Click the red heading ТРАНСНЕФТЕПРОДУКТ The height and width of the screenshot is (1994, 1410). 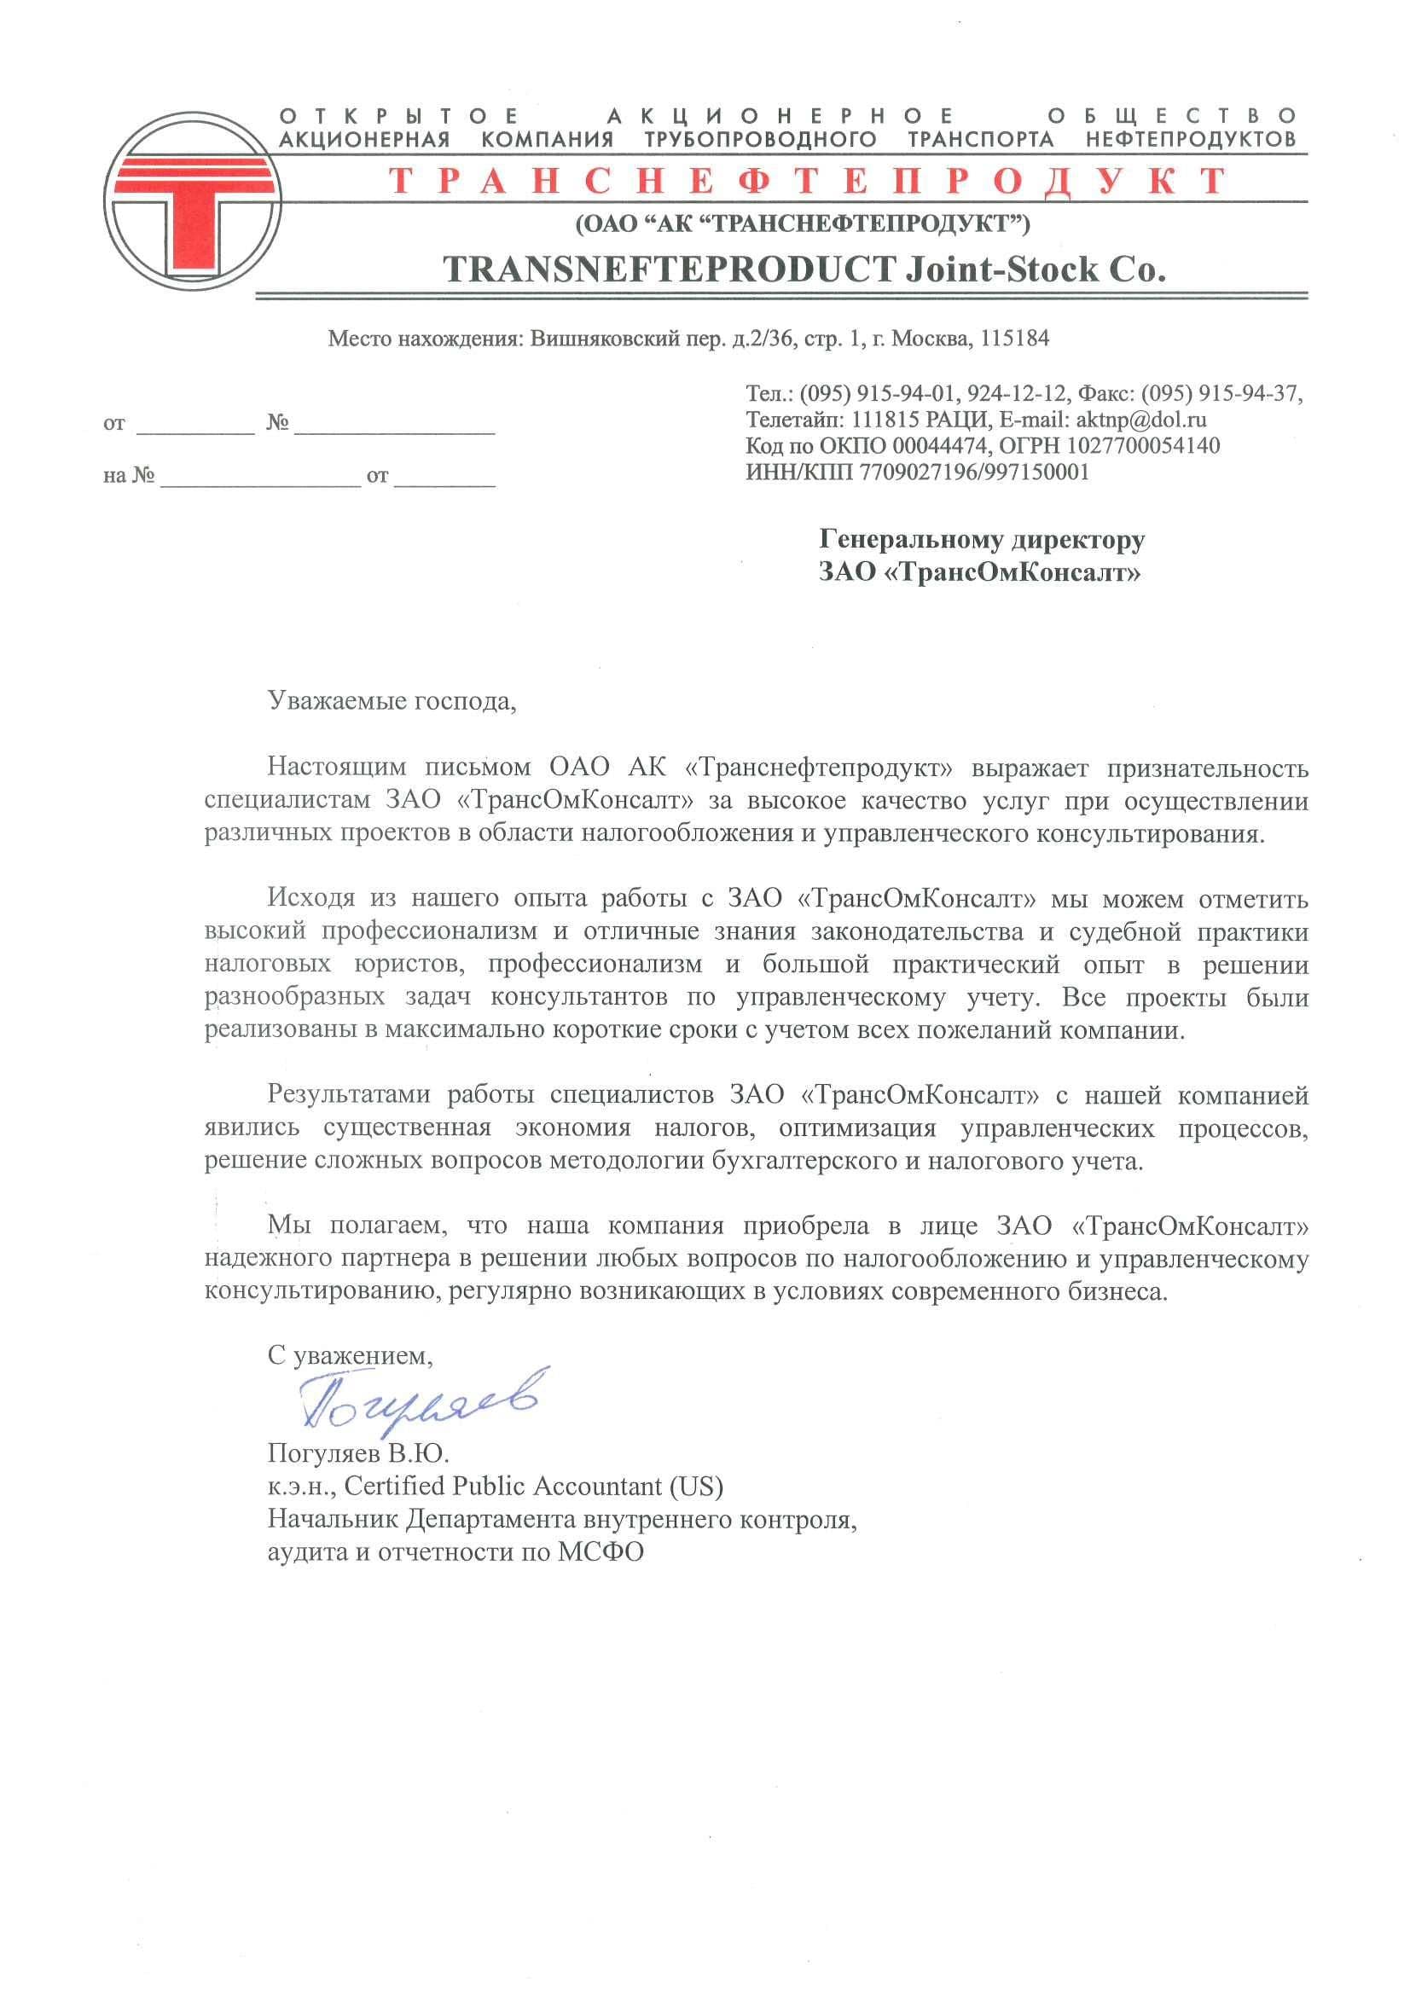(x=807, y=182)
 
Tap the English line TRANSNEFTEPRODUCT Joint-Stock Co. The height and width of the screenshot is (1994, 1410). (x=804, y=270)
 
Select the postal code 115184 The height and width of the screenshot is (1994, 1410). (x=1014, y=339)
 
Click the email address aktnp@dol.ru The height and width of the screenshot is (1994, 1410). (x=1140, y=420)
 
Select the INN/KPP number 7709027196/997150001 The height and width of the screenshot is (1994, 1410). (x=974, y=473)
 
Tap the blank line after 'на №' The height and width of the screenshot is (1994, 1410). (x=260, y=478)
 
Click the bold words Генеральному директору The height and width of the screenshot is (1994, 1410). (x=982, y=540)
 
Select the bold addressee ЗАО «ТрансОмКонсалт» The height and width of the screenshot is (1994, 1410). (x=979, y=573)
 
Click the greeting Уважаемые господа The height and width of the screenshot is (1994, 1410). (x=392, y=701)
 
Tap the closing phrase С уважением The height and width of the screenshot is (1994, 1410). (x=350, y=1356)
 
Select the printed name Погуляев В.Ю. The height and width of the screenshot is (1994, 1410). (x=358, y=1453)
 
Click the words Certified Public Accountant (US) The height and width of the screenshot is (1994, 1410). (x=533, y=1486)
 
